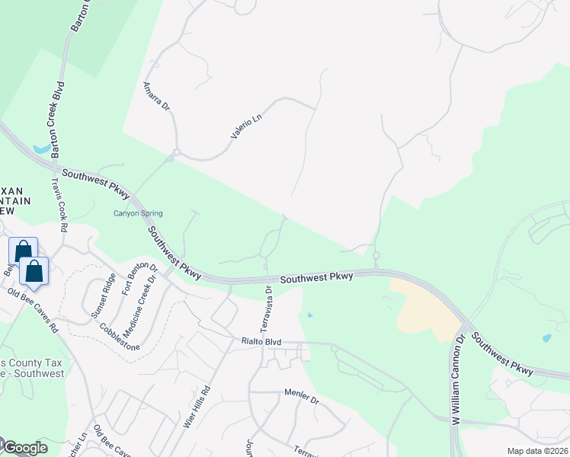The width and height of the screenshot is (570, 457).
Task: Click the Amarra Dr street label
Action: (155, 95)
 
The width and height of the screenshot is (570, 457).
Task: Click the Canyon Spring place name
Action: (138, 213)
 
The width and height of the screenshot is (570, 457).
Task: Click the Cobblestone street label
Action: (120, 335)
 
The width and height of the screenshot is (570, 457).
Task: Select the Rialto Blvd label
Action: (261, 343)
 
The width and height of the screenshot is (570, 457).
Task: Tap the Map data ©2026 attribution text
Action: (537, 451)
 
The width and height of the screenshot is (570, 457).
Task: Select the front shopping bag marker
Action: (34, 271)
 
